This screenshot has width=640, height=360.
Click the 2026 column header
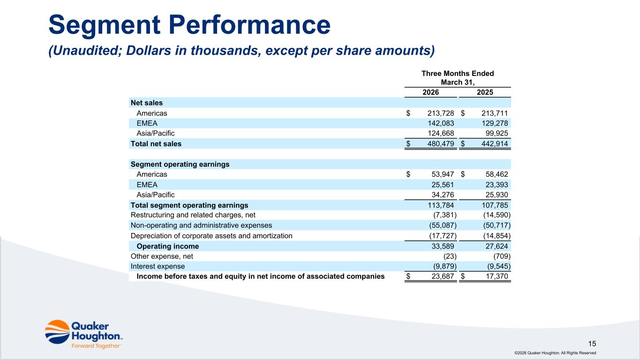pyautogui.click(x=430, y=92)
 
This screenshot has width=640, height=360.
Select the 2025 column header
pyautogui.click(x=485, y=92)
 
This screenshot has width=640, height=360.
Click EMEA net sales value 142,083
pyautogui.click(x=441, y=123)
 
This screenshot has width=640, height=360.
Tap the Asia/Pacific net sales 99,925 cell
pyautogui.click(x=497, y=133)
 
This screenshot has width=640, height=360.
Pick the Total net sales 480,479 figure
pyautogui.click(x=441, y=144)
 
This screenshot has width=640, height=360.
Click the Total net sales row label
pyautogui.click(x=156, y=144)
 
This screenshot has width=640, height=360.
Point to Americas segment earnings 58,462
pyautogui.click(x=497, y=174)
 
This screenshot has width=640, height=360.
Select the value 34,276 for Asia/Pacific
pyautogui.click(x=443, y=195)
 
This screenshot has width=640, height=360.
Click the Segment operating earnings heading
pyautogui.click(x=180, y=164)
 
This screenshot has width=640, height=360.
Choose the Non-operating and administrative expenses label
pyautogui.click(x=201, y=225)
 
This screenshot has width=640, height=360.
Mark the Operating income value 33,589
pyautogui.click(x=443, y=246)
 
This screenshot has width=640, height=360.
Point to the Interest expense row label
pyautogui.click(x=158, y=266)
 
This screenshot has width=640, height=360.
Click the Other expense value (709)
pyautogui.click(x=502, y=256)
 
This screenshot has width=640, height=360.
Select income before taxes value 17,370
pyautogui.click(x=497, y=276)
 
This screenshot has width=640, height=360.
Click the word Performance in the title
pyautogui.click(x=249, y=24)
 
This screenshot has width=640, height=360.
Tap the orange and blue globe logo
pyautogui.click(x=57, y=332)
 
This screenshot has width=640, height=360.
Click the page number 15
pyautogui.click(x=592, y=344)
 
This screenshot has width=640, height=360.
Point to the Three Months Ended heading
pyautogui.click(x=458, y=74)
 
